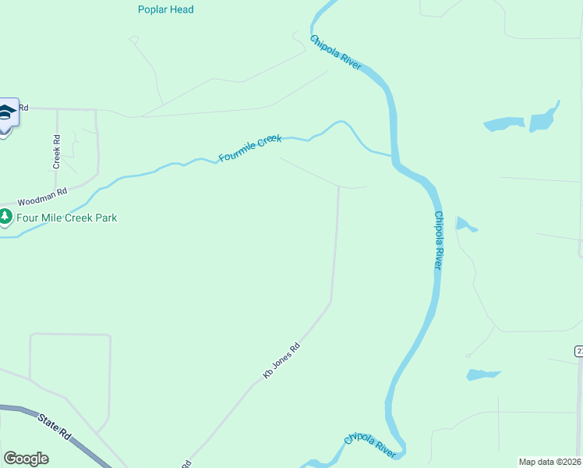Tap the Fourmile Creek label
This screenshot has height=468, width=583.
[x=249, y=148]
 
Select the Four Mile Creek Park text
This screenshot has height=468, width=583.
[x=67, y=218]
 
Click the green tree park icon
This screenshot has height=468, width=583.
[x=5, y=217]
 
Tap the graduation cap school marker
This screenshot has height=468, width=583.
[x=6, y=114]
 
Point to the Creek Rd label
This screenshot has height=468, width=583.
[x=57, y=151]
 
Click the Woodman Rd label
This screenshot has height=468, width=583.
[x=44, y=196]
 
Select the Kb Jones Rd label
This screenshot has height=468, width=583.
[x=281, y=362]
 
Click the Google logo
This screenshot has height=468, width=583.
[x=26, y=459]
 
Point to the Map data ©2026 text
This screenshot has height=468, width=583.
[x=550, y=462]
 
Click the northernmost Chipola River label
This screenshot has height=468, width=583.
[x=336, y=53]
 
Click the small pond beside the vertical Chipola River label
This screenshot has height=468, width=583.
[x=465, y=225]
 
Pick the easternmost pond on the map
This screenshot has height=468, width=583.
[x=544, y=118]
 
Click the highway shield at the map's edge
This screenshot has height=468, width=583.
[x=579, y=352]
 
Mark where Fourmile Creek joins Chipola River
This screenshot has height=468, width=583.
[x=392, y=155]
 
